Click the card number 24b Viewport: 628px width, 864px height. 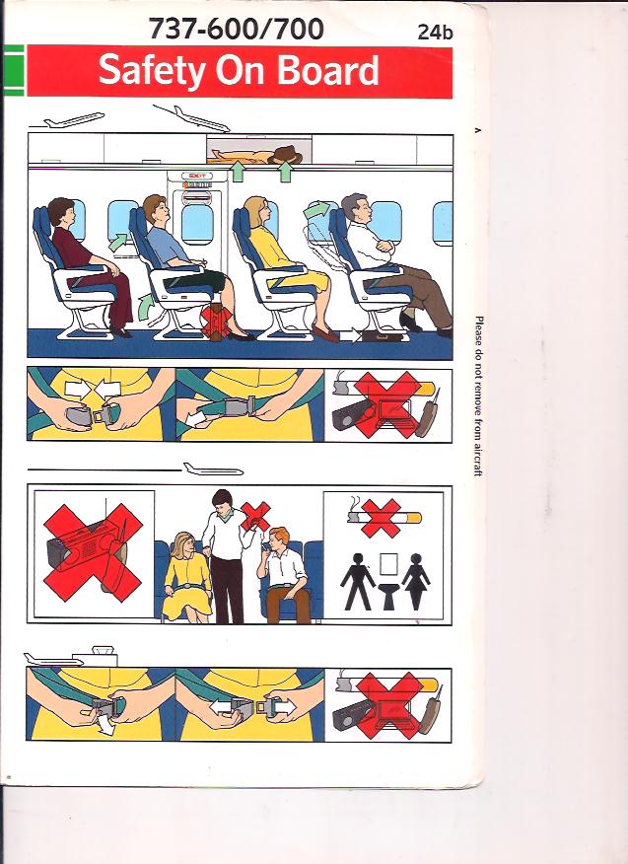[435, 32]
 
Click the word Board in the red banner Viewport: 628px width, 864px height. [327, 70]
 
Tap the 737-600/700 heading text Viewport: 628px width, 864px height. [236, 29]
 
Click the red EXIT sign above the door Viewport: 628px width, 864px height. [196, 176]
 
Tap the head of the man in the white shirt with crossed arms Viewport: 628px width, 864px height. [355, 208]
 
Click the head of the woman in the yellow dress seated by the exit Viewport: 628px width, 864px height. [257, 211]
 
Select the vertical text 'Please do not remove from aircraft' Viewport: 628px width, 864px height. [479, 396]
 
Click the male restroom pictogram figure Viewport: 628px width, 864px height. [358, 581]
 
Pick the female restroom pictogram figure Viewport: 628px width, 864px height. [416, 581]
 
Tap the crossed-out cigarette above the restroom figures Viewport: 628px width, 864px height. [384, 518]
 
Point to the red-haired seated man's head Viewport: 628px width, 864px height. [278, 539]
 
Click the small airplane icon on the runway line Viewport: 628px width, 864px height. [213, 469]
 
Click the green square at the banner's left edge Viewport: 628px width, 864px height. [13, 71]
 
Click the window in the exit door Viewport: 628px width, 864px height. [196, 224]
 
